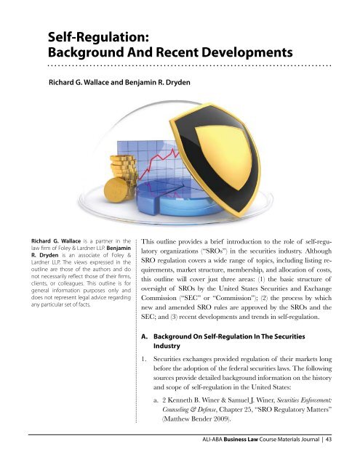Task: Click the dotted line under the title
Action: click(x=189, y=65)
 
